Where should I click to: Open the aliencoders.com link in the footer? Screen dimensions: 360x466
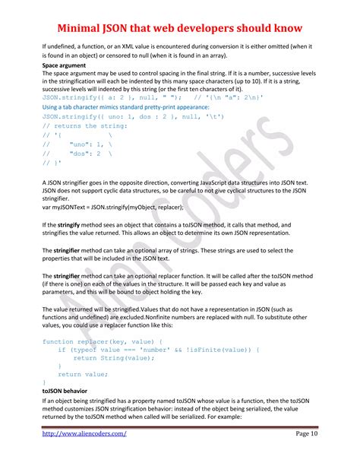84,433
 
